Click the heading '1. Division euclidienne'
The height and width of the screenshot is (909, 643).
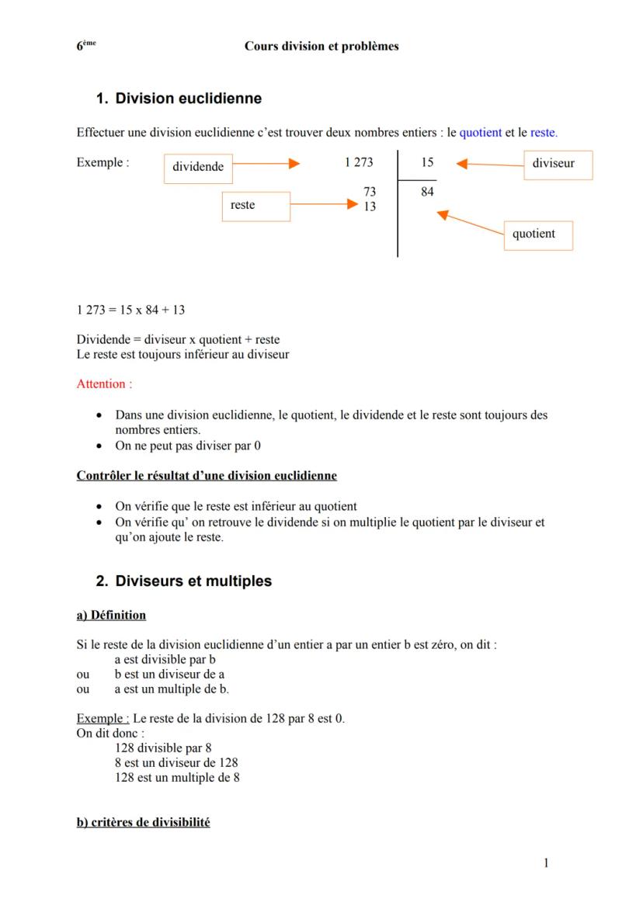(179, 99)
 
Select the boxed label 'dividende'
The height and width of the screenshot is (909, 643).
(198, 167)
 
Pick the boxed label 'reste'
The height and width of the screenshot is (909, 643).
(243, 205)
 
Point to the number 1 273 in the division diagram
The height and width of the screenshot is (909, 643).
(358, 162)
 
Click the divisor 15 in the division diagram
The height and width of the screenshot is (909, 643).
(427, 162)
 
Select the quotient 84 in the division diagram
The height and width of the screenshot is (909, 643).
(427, 192)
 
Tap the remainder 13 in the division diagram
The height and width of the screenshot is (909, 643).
(370, 206)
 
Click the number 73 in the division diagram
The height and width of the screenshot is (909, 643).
(370, 192)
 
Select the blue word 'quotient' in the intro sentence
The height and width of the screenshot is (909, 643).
(480, 133)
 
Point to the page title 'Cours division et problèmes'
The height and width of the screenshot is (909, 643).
(321, 47)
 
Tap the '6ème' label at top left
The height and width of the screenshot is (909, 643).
(85, 46)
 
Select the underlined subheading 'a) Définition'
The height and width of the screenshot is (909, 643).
(111, 615)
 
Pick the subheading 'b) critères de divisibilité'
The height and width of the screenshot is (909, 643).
(143, 822)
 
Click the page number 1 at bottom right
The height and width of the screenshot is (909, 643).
(546, 862)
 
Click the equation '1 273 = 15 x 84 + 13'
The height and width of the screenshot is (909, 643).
(130, 311)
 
